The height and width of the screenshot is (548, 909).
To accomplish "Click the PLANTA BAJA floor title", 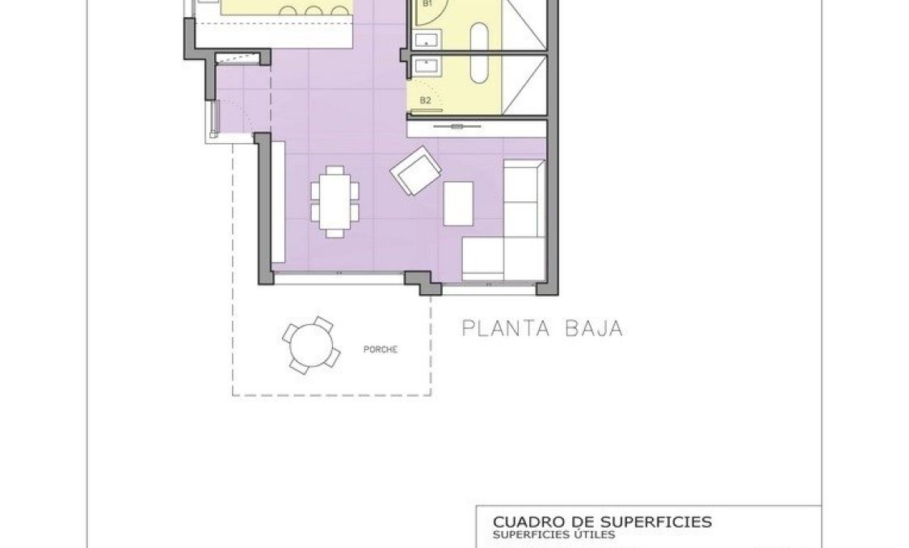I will pos(541,329).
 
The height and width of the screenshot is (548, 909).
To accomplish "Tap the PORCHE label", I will pos(381,350).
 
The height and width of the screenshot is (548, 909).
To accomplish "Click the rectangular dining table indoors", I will pos(334,199).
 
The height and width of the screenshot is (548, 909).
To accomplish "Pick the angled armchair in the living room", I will pos(415,171).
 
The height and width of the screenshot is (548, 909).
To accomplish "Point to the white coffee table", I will pos(458,203).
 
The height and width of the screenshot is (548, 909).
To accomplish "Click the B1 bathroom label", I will pos(427,4).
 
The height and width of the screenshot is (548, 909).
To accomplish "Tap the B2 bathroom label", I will pos(425,100).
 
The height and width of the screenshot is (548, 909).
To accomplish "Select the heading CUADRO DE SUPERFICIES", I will pos(602,522).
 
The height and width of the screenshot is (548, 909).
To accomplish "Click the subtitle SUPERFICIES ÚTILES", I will pos(553,534).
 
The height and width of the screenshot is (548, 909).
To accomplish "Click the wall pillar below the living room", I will pos(423,282).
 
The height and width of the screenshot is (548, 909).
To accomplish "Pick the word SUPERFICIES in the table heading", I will pos(662,522).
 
